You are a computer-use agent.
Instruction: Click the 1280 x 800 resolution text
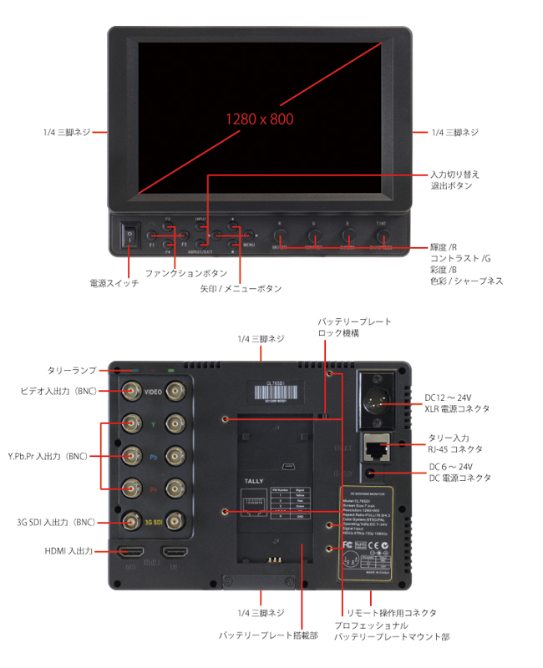click(258, 119)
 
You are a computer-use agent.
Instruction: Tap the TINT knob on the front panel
click(382, 237)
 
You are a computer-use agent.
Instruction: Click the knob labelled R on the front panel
click(279, 237)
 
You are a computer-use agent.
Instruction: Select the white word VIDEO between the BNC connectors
click(153, 392)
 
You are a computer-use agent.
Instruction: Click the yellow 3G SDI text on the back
click(153, 523)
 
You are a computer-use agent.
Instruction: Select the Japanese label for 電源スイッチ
click(114, 284)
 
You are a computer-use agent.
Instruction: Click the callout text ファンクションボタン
click(185, 273)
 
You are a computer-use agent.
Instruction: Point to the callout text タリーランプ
click(71, 370)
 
